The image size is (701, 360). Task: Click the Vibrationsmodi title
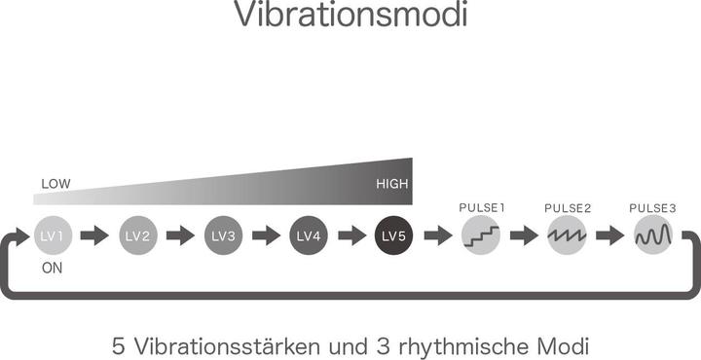pos(350,17)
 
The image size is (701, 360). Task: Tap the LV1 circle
pos(52,235)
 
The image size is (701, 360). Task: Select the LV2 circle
pos(137,235)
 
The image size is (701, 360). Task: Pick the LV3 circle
pos(223,235)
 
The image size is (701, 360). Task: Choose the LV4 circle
pos(309,235)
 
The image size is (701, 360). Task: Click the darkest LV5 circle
pos(394,235)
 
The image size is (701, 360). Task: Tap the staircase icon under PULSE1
pos(481,235)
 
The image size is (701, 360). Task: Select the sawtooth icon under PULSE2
pos(567,235)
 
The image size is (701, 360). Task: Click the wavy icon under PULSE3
pos(652,235)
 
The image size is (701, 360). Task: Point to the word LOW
pos(55,184)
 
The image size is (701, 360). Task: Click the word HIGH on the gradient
pos(392,184)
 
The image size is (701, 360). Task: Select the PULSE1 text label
pos(481,208)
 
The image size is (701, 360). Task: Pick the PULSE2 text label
pos(567,208)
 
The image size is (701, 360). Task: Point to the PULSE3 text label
pos(652,208)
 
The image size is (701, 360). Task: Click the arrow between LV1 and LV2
pos(94,235)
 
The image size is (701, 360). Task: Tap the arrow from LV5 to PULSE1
pos(438,235)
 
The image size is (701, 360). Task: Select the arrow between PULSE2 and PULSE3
pos(609,235)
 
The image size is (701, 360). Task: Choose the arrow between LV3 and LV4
pos(266,235)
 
